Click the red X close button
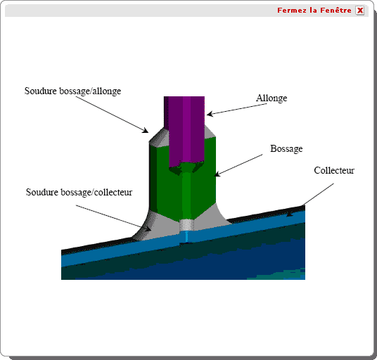pos(359,11)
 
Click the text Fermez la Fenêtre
pos(314,11)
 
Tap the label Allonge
pos(271,98)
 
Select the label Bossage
pos(286,148)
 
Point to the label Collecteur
pos(334,170)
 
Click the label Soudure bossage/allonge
pos(72,91)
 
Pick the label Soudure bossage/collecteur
pos(79,192)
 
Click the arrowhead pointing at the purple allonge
pos(209,114)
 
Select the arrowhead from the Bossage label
pos(217,174)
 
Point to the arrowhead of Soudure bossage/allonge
pos(146,130)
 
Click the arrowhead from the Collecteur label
pos(289,214)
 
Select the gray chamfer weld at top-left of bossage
pos(158,138)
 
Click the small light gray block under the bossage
pos(187,225)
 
